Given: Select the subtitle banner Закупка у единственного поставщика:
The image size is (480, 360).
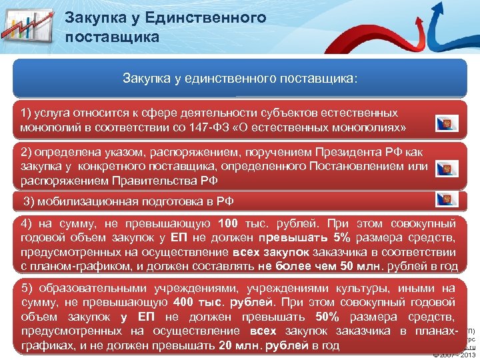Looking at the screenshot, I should click(x=240, y=79).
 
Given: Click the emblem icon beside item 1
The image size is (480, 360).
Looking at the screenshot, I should click(x=446, y=123).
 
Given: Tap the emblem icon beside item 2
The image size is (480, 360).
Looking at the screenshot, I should click(x=446, y=169).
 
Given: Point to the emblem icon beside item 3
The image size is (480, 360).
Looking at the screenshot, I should click(x=446, y=199).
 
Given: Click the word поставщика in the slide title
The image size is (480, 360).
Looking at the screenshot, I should click(x=113, y=36).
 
